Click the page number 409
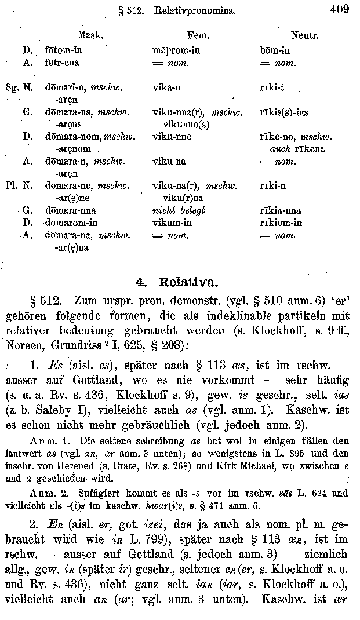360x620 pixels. click(337, 9)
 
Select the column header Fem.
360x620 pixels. click(198, 35)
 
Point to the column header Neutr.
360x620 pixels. click(305, 35)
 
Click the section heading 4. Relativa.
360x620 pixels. click(177, 283)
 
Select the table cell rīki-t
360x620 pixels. click(272, 88)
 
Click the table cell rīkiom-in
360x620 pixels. click(281, 223)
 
